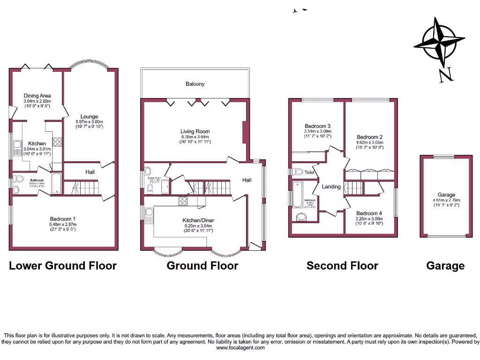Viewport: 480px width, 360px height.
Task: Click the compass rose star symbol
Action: tap(439, 43)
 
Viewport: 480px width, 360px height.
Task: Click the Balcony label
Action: tap(195, 84)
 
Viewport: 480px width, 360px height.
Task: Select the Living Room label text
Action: tap(195, 132)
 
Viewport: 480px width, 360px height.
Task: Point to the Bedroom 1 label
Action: tap(63, 219)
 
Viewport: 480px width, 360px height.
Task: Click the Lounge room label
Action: tap(89, 117)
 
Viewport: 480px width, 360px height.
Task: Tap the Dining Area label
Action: tap(37, 96)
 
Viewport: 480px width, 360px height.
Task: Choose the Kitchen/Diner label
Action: tap(198, 220)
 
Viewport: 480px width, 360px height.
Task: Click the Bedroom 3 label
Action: tap(317, 126)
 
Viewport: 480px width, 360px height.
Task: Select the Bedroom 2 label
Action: tap(369, 136)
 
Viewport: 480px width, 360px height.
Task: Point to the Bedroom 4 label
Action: tap(369, 213)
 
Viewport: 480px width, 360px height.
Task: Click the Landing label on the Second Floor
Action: tap(331, 187)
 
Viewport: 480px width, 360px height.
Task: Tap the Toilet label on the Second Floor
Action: tap(309, 172)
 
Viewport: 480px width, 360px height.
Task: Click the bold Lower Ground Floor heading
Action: tap(63, 266)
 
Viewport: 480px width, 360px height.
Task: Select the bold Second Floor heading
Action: tap(342, 266)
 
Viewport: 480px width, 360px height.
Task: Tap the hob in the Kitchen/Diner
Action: tap(182, 201)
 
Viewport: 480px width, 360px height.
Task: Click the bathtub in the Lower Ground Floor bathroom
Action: tap(55, 183)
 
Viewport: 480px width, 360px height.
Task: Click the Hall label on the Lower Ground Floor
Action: tap(90, 172)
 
